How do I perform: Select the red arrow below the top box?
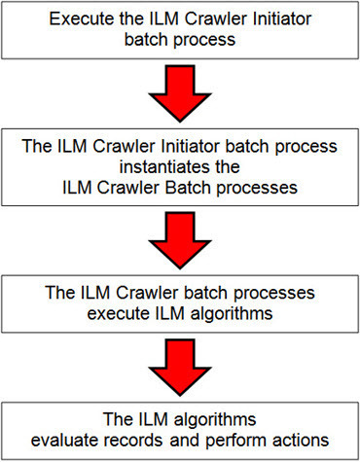pyautogui.click(x=179, y=90)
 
